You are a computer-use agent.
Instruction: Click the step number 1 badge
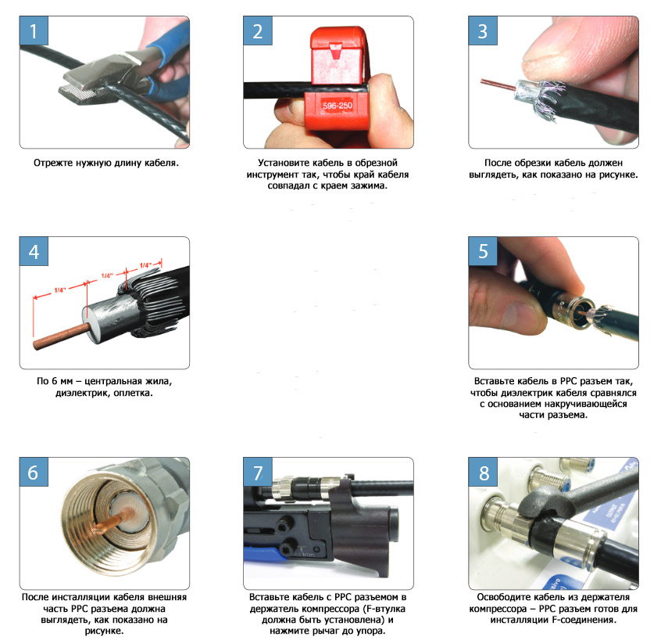click(x=34, y=31)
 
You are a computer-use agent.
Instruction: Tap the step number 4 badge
click(x=34, y=251)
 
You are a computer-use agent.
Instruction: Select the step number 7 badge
click(x=258, y=472)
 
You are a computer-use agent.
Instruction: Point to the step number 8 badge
click(x=483, y=472)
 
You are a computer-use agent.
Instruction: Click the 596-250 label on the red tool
click(x=338, y=106)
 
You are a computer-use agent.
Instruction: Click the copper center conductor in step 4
click(x=61, y=336)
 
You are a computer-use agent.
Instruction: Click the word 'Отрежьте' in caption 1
click(x=52, y=163)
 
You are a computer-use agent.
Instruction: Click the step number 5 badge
click(x=483, y=251)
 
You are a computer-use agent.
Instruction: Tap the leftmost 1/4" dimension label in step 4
click(x=60, y=290)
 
